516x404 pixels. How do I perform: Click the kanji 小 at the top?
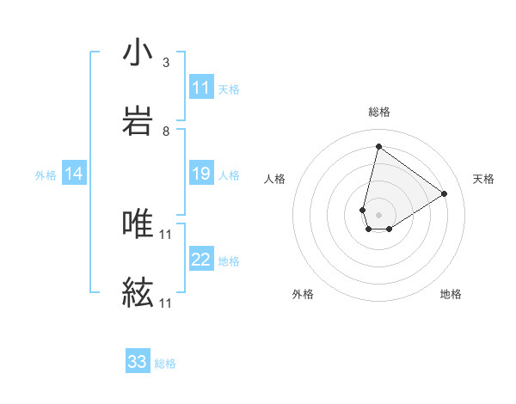click(x=138, y=53)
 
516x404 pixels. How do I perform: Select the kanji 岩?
click(x=138, y=121)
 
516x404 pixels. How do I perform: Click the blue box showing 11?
click(x=201, y=88)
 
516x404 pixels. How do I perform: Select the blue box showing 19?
click(x=201, y=174)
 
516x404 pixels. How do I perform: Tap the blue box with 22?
click(x=201, y=260)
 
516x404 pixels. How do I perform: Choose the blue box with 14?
click(x=74, y=174)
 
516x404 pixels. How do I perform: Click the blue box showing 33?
click(x=138, y=362)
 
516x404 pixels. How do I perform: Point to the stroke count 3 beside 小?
click(x=166, y=63)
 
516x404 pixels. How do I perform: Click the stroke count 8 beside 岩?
click(x=166, y=132)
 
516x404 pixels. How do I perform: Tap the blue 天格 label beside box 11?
click(x=229, y=89)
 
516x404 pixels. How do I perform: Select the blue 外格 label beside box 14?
click(x=46, y=175)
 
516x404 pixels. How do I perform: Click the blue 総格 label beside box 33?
click(x=165, y=363)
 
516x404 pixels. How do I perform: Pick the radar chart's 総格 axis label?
click(x=378, y=112)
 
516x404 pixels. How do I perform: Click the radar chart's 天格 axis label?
click(x=483, y=179)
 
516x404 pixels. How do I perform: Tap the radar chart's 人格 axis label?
click(x=274, y=179)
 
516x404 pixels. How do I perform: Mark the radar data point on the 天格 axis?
click(x=445, y=193)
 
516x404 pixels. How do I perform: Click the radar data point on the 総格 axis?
click(x=378, y=146)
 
